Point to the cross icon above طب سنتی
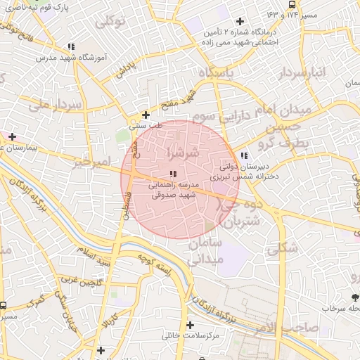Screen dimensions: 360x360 coord(146,115)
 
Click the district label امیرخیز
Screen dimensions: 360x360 coord(91,162)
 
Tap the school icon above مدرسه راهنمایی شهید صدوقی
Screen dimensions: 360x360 coord(173,174)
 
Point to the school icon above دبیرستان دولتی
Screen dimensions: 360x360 coord(244,156)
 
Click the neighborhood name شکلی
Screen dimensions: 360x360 coord(283,247)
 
